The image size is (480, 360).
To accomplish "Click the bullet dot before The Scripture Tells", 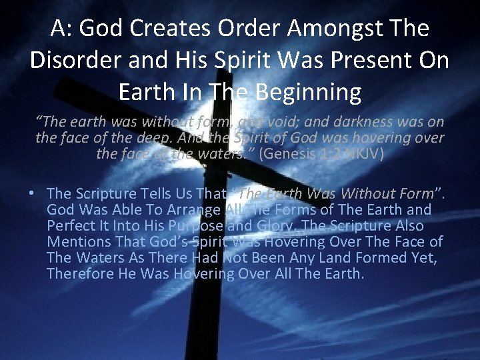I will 32,194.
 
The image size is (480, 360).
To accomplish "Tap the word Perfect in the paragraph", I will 70,226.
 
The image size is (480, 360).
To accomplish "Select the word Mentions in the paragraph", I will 75,242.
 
